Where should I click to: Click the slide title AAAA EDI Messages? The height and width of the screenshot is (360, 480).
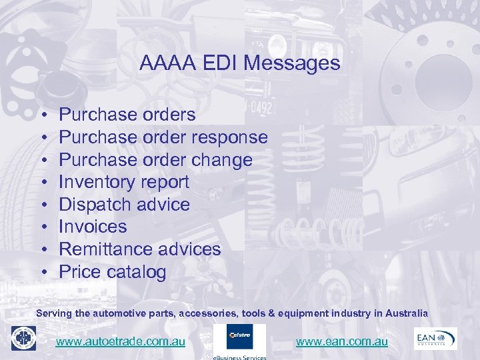click(x=240, y=63)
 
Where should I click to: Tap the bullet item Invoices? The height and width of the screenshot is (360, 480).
click(x=93, y=227)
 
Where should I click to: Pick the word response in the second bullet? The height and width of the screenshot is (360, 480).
click(x=229, y=137)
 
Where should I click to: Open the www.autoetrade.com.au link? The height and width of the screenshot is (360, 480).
click(x=120, y=341)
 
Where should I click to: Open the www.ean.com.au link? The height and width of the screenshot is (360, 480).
click(x=341, y=341)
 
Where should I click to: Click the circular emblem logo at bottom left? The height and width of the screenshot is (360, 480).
click(x=23, y=338)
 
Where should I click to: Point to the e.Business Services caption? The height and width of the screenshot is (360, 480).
click(x=239, y=357)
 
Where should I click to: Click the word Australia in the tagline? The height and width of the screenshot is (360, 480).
click(x=404, y=313)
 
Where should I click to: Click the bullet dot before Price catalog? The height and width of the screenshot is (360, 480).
click(x=43, y=273)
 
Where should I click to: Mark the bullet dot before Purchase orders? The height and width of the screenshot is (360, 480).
click(x=43, y=115)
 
